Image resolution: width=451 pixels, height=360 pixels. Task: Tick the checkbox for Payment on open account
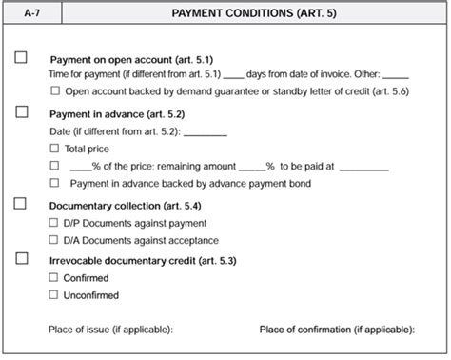tap(22, 57)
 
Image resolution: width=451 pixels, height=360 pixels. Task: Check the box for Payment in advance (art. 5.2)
tap(22, 111)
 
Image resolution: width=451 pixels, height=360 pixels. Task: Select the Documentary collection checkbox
tap(22, 204)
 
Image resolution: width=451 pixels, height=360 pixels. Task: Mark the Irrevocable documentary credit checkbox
tap(22, 258)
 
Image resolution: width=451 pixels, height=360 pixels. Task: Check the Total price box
tap(54, 149)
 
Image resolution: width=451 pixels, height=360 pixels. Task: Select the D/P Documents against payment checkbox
tap(54, 222)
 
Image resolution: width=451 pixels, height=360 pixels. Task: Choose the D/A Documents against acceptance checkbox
tap(54, 239)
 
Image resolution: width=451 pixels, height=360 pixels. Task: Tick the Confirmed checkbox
tap(54, 277)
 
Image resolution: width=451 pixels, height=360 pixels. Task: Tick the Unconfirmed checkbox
tap(54, 294)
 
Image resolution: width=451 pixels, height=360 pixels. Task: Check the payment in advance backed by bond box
tap(54, 181)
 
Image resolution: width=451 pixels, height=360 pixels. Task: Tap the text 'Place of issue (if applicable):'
tap(110, 330)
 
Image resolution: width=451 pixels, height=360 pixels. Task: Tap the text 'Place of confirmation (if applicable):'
tap(337, 330)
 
